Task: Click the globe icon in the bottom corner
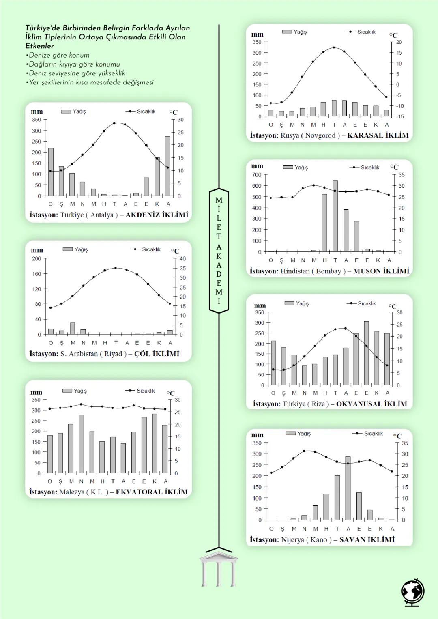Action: point(413,593)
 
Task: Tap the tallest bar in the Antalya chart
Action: point(167,166)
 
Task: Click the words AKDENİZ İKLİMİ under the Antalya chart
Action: point(157,215)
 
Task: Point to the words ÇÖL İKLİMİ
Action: point(157,354)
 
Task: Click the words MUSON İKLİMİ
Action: point(381,271)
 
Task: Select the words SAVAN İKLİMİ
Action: point(367,540)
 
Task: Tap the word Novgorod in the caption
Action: point(320,135)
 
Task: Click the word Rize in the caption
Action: point(318,404)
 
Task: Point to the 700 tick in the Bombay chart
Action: point(257,175)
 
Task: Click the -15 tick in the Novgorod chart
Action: point(400,116)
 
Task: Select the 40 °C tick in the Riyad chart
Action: point(183,258)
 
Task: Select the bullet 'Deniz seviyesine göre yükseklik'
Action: point(77,73)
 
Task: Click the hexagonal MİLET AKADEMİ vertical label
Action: point(219,251)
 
